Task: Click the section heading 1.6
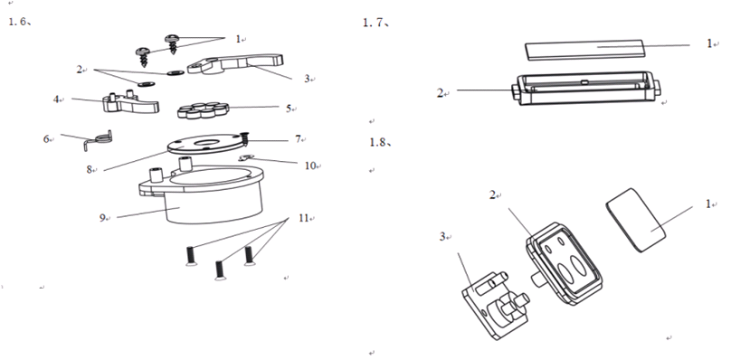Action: (x=20, y=22)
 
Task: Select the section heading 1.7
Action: (x=376, y=23)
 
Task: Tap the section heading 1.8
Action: (x=380, y=142)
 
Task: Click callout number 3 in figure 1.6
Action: (x=307, y=79)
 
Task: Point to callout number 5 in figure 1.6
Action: (x=289, y=109)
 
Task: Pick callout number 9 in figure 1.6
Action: (x=102, y=218)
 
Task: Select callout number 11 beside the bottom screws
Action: (x=304, y=218)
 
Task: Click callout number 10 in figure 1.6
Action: (x=310, y=166)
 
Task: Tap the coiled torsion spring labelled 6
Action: (x=99, y=139)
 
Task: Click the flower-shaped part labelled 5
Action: (x=204, y=110)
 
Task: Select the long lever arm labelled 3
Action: (x=235, y=63)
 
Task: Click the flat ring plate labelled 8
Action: (x=204, y=144)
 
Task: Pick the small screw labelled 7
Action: (x=245, y=139)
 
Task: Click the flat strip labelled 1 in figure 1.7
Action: (x=585, y=50)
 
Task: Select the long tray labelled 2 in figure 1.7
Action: (x=586, y=89)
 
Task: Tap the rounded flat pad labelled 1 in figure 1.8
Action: (x=636, y=220)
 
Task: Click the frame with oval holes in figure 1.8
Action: (x=564, y=263)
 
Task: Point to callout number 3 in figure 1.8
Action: (x=442, y=236)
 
